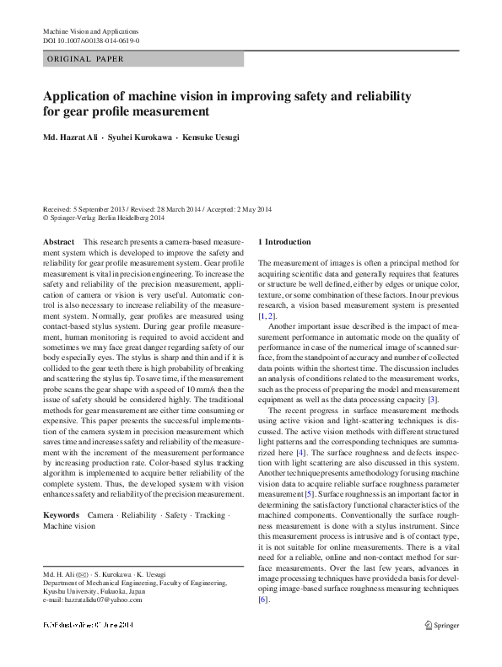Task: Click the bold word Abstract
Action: pyautogui.click(x=57, y=242)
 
